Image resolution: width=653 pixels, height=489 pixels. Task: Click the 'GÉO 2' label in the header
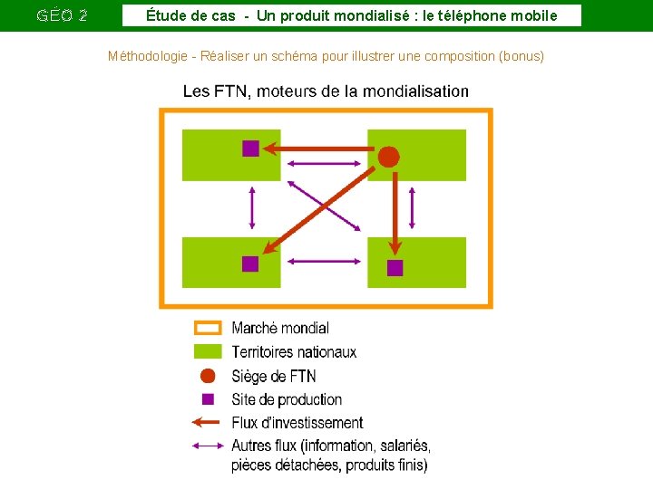coord(62,15)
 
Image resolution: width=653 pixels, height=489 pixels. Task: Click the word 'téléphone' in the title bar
coord(472,15)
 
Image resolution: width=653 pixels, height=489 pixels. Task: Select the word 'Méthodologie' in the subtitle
coord(148,56)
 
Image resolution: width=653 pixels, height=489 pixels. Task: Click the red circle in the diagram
coord(388,157)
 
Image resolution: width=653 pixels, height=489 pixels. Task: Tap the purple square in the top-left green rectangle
coord(250,149)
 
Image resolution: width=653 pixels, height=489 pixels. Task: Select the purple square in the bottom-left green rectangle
coord(250,264)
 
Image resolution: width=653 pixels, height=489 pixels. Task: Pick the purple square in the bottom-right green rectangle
coord(395,267)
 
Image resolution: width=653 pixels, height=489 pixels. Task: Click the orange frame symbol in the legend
coord(209,328)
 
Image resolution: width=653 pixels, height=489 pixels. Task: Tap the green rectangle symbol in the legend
coord(209,351)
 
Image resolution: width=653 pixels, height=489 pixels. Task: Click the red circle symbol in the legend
coord(208,376)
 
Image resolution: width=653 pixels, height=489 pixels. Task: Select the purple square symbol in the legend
coord(208,399)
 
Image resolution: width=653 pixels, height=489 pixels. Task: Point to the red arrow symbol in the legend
coord(208,422)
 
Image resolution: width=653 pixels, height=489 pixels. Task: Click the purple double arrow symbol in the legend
coord(208,445)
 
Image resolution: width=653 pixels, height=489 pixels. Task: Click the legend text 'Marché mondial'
coord(280,328)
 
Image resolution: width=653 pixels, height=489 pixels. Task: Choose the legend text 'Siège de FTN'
coord(274,376)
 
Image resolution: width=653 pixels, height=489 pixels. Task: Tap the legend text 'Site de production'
coord(287,399)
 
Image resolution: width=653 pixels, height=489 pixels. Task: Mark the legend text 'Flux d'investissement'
coord(297,422)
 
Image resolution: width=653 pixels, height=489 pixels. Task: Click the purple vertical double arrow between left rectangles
coord(252,208)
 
